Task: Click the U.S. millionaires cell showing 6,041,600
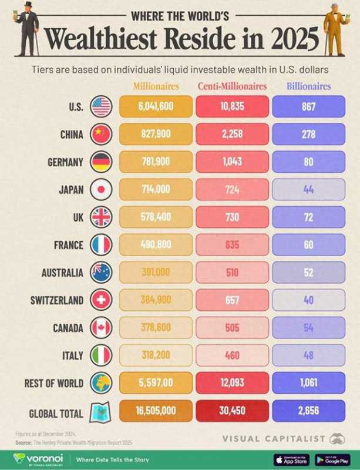156,107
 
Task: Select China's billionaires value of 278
309,134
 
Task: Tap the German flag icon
101,162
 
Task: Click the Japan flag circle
101,189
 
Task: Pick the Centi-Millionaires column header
232,86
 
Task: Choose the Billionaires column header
309,86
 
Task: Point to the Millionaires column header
156,86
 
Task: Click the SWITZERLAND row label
57,300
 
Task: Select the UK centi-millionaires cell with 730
232,217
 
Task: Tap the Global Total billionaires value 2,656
309,411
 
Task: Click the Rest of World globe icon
101,383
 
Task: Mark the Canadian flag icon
101,327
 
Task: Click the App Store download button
291,459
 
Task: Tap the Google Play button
332,459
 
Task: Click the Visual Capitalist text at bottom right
274,438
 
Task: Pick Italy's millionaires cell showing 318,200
156,355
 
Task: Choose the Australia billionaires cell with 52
309,272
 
